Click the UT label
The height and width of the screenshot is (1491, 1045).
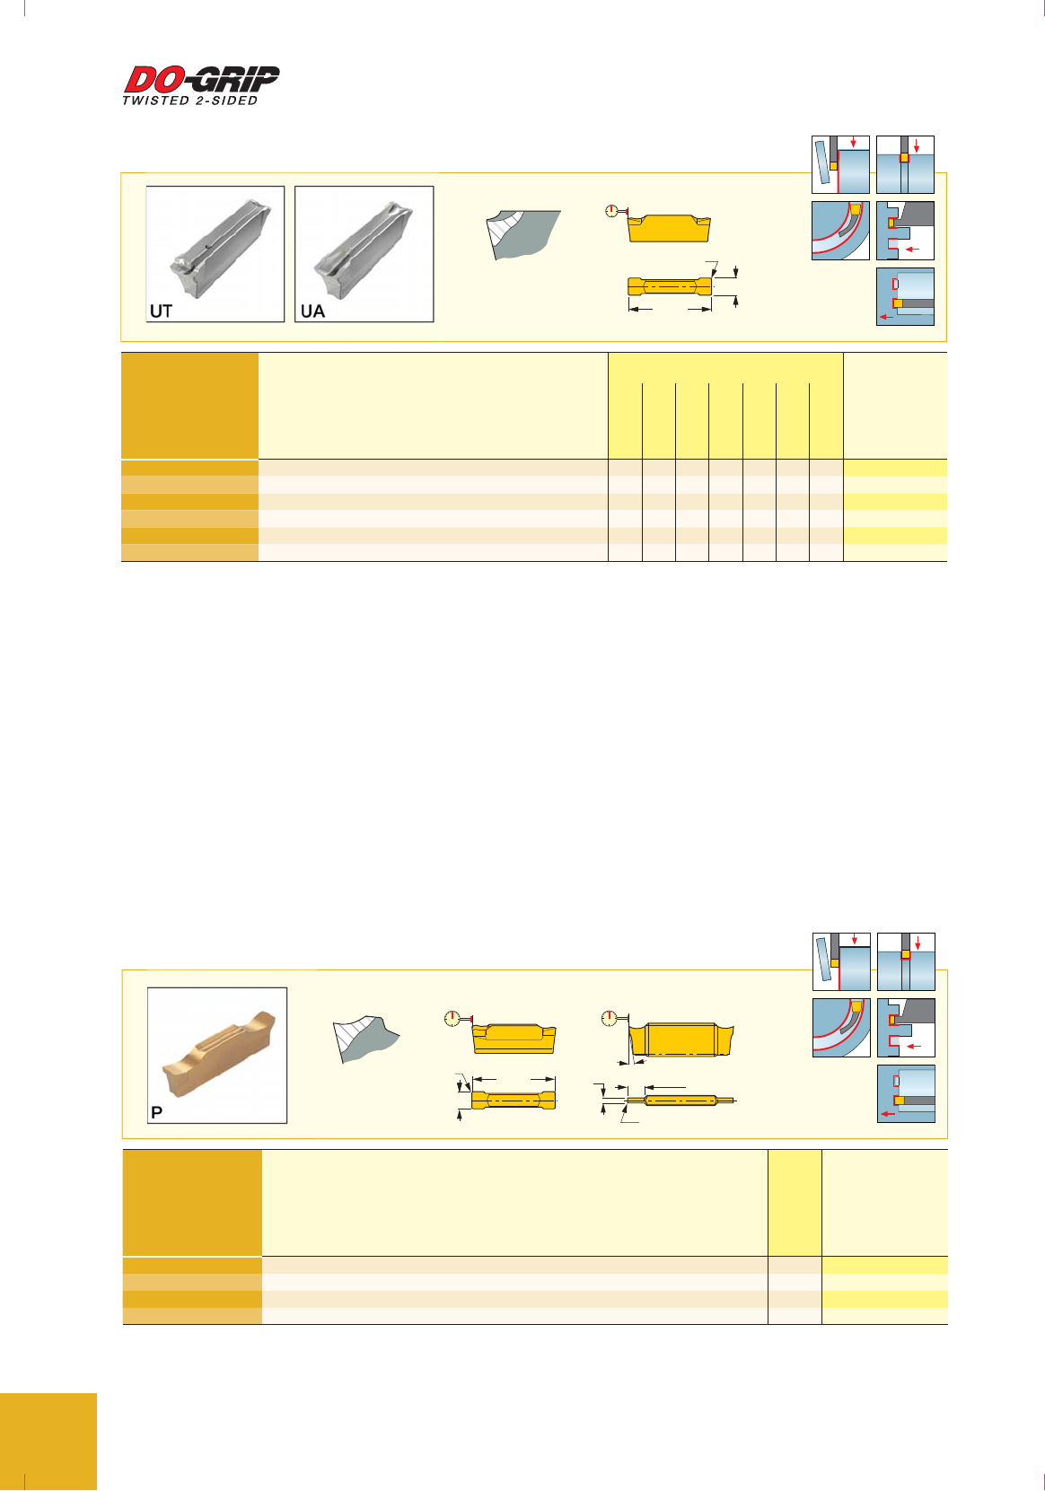[x=161, y=311]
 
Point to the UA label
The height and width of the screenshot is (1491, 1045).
[x=312, y=311]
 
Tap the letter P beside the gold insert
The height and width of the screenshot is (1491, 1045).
[x=157, y=1112]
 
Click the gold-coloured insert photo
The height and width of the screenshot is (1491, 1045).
[x=218, y=1055]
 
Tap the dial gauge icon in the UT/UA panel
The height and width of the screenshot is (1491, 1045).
[x=611, y=211]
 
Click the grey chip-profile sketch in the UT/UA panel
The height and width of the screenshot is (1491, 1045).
[x=523, y=234]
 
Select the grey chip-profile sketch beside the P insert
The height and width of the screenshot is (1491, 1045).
[x=365, y=1039]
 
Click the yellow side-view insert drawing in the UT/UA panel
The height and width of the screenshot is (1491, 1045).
[x=669, y=228]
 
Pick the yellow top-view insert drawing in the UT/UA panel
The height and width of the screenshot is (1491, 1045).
[x=670, y=286]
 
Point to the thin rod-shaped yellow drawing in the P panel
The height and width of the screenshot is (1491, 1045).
[x=681, y=1101]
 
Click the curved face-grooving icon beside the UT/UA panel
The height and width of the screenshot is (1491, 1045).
[x=840, y=231]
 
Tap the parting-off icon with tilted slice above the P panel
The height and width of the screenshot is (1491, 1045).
[x=841, y=961]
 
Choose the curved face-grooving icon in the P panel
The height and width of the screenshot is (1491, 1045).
[x=841, y=1028]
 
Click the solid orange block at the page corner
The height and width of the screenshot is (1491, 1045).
[x=48, y=1441]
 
